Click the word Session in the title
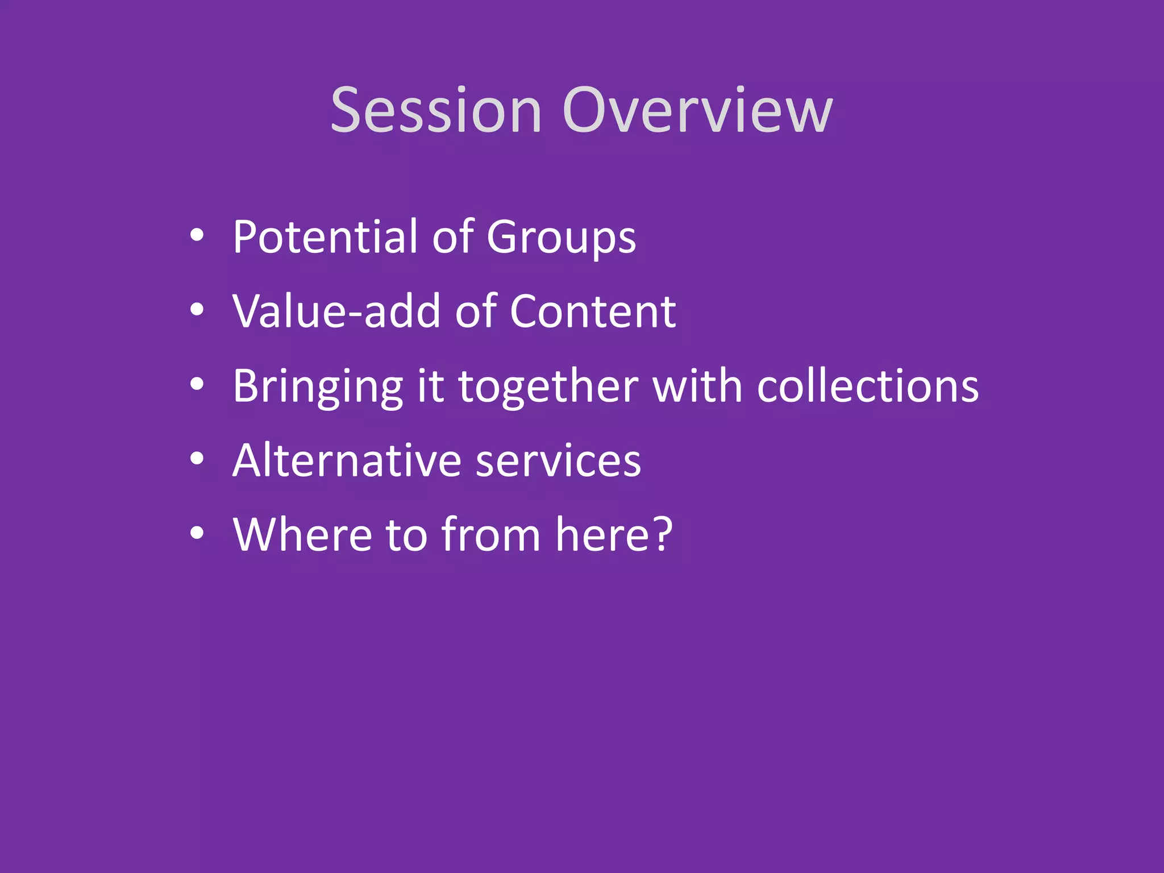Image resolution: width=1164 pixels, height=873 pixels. (436, 110)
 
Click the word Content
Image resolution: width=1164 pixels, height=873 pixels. (593, 311)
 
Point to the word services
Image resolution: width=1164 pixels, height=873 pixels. (558, 461)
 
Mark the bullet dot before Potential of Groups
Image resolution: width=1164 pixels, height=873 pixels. (197, 235)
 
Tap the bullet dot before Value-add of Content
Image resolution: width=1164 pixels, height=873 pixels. (197, 309)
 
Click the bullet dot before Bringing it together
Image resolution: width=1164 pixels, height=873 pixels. (197, 384)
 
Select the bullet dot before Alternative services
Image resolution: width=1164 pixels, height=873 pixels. (197, 459)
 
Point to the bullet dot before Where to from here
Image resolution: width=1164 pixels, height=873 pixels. (197, 533)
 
